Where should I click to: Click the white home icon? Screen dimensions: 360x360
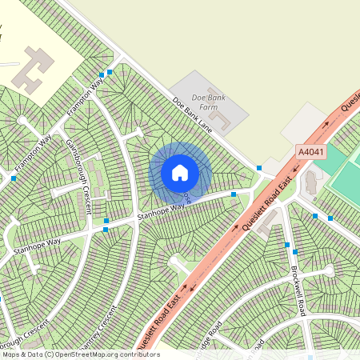pyautogui.click(x=180, y=172)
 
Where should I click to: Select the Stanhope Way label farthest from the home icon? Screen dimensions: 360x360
pyautogui.click(x=37, y=244)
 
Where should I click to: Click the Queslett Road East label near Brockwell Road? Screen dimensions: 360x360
pyautogui.click(x=263, y=208)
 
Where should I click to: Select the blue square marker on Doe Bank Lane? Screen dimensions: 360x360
pyautogui.click(x=260, y=168)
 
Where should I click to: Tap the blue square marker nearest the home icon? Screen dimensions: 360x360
pyautogui.click(x=234, y=194)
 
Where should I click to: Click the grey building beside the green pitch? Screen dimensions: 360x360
pyautogui.click(x=310, y=185)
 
